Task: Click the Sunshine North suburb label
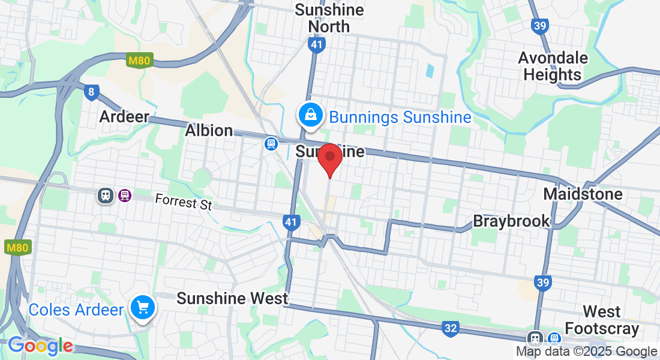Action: click(x=329, y=18)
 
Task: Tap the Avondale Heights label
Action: click(x=553, y=66)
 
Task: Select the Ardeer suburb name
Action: click(x=124, y=116)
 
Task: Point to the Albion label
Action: click(x=209, y=130)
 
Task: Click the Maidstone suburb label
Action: click(x=583, y=194)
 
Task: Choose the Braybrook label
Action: click(x=511, y=221)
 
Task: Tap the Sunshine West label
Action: click(x=232, y=298)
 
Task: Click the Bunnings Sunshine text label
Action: click(x=400, y=117)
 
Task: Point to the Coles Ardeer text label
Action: click(x=76, y=310)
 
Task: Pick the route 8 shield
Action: click(x=91, y=92)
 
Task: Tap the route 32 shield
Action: click(x=451, y=328)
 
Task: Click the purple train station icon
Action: click(x=125, y=195)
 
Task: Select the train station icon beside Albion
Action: click(x=271, y=143)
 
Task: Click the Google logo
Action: click(x=40, y=346)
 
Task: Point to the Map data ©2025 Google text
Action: click(x=586, y=352)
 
